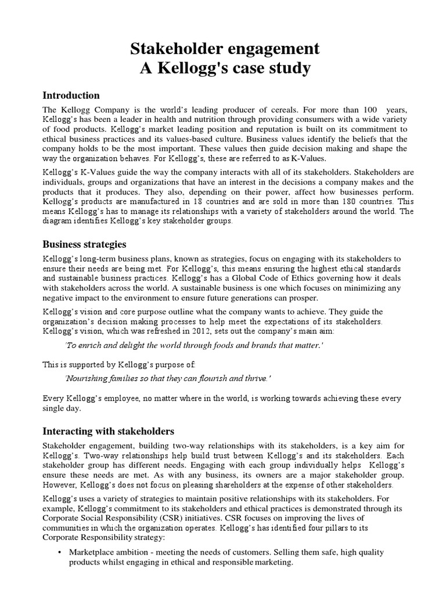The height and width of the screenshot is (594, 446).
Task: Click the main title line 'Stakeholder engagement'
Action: tap(224, 49)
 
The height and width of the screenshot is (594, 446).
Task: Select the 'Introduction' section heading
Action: tap(71, 96)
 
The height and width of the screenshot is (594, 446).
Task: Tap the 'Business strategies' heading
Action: tap(85, 244)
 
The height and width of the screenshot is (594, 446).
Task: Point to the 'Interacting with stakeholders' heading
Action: tap(109, 431)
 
